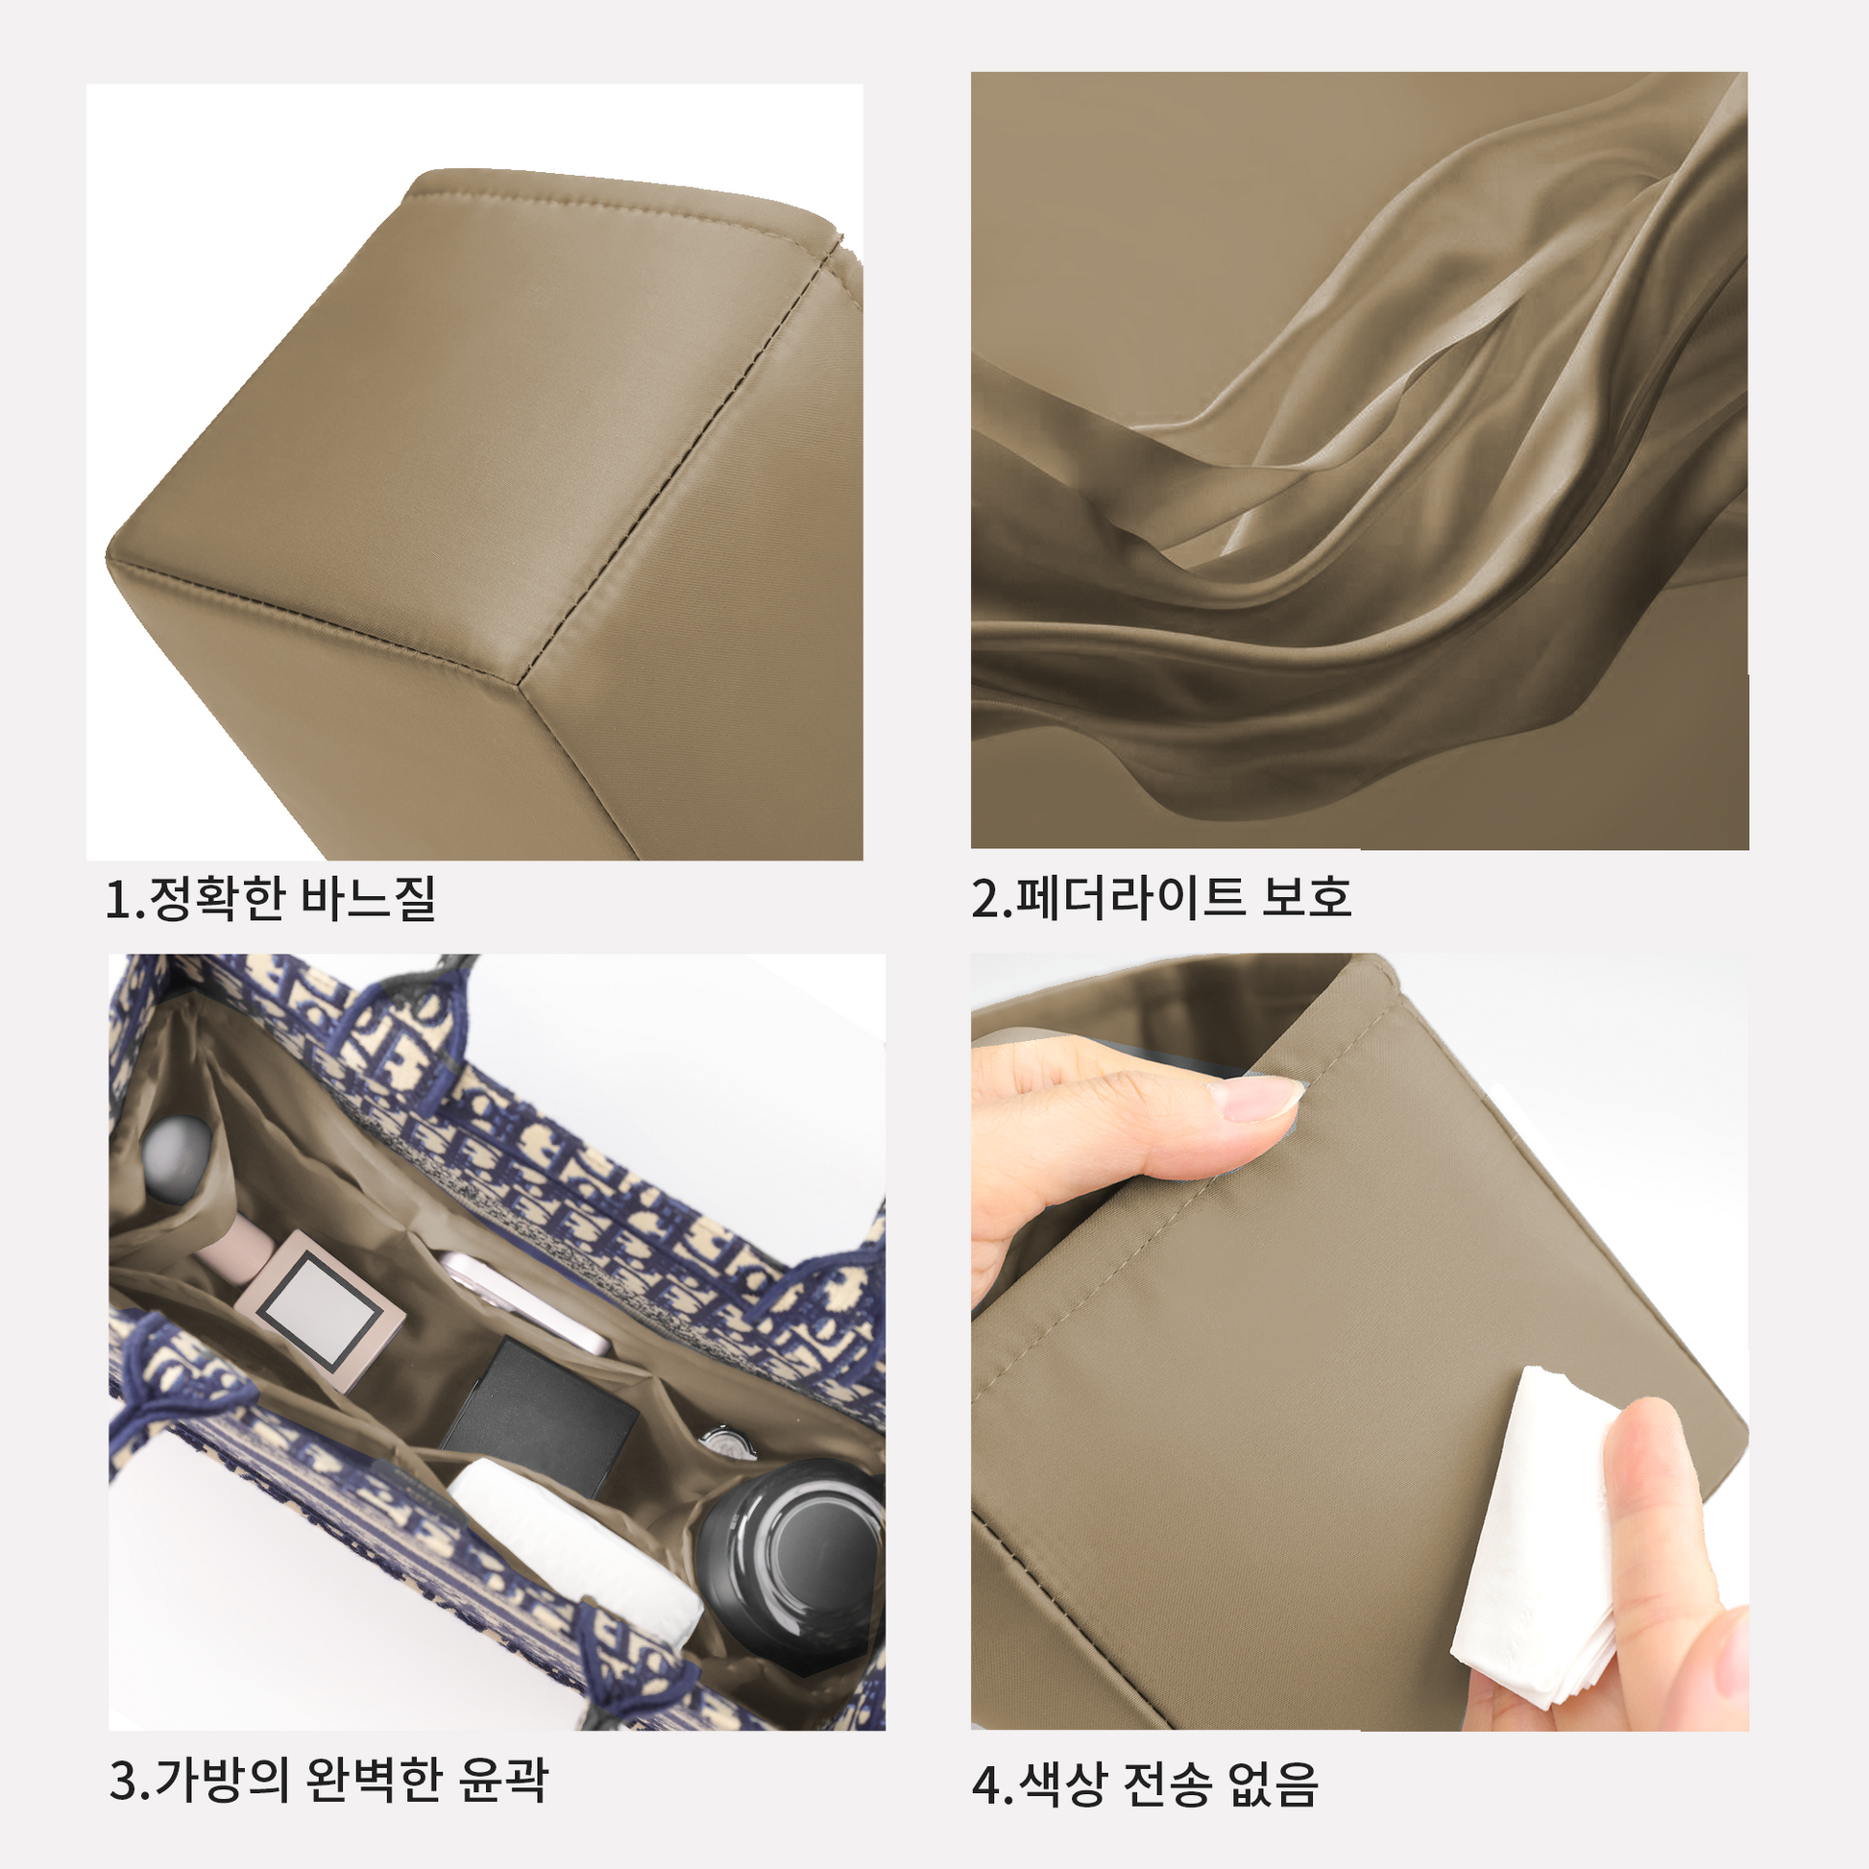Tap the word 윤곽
click(x=503, y=1779)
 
